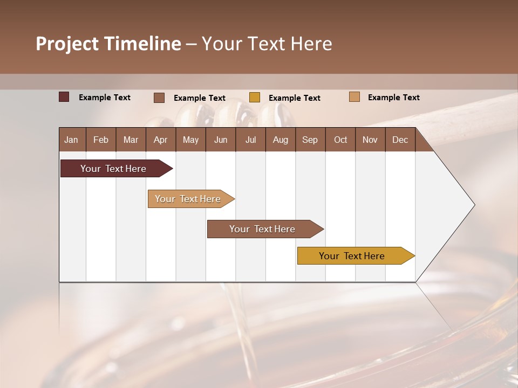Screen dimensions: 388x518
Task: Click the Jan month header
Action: (x=72, y=140)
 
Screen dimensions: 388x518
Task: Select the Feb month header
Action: (x=101, y=140)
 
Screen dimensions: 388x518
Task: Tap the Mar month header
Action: (x=131, y=140)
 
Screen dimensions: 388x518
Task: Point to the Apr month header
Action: (x=161, y=140)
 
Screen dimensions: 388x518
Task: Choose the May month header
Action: (x=190, y=140)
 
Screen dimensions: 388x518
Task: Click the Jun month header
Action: (x=221, y=140)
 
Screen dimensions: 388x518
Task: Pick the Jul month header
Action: (x=250, y=140)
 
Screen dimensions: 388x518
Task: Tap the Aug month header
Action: (x=281, y=140)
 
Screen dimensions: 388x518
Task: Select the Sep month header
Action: (x=310, y=140)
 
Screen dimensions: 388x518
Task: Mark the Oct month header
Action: (x=340, y=140)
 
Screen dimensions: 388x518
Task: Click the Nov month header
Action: (x=370, y=140)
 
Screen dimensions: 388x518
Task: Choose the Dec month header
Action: (x=400, y=140)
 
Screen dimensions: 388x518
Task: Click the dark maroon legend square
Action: (x=64, y=97)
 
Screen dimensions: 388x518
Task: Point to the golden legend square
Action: (x=255, y=98)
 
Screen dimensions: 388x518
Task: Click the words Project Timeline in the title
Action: (x=108, y=44)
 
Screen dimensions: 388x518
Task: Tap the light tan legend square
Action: (x=354, y=97)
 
